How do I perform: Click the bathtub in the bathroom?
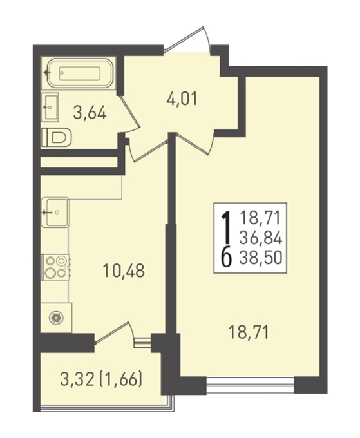(x=80, y=73)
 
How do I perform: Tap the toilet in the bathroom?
(x=56, y=137)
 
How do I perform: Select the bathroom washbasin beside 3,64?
(x=50, y=108)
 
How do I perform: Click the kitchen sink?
(x=55, y=213)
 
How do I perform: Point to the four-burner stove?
(x=55, y=267)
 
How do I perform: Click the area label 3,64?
(x=90, y=113)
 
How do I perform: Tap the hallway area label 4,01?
(x=182, y=99)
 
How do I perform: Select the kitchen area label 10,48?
(x=124, y=271)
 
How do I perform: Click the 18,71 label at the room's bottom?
(x=249, y=332)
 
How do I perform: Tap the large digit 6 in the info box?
(x=227, y=258)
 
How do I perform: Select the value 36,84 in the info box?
(x=261, y=238)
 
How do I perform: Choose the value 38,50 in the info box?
(x=261, y=258)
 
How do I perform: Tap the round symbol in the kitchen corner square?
(x=56, y=318)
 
